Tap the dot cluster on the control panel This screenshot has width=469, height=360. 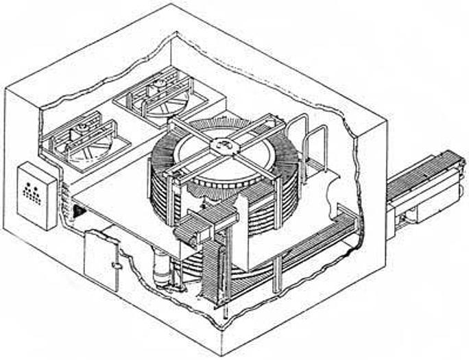(32, 192)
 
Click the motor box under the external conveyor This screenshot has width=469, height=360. (411, 216)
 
